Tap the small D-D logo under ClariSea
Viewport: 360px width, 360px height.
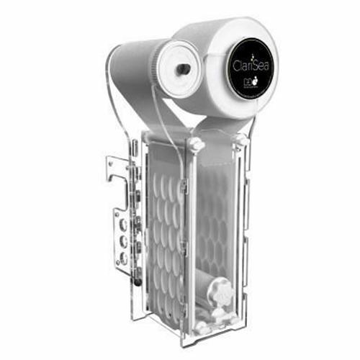(x=246, y=84)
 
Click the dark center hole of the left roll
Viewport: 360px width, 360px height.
(x=182, y=68)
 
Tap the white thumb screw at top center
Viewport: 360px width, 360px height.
(x=194, y=144)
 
